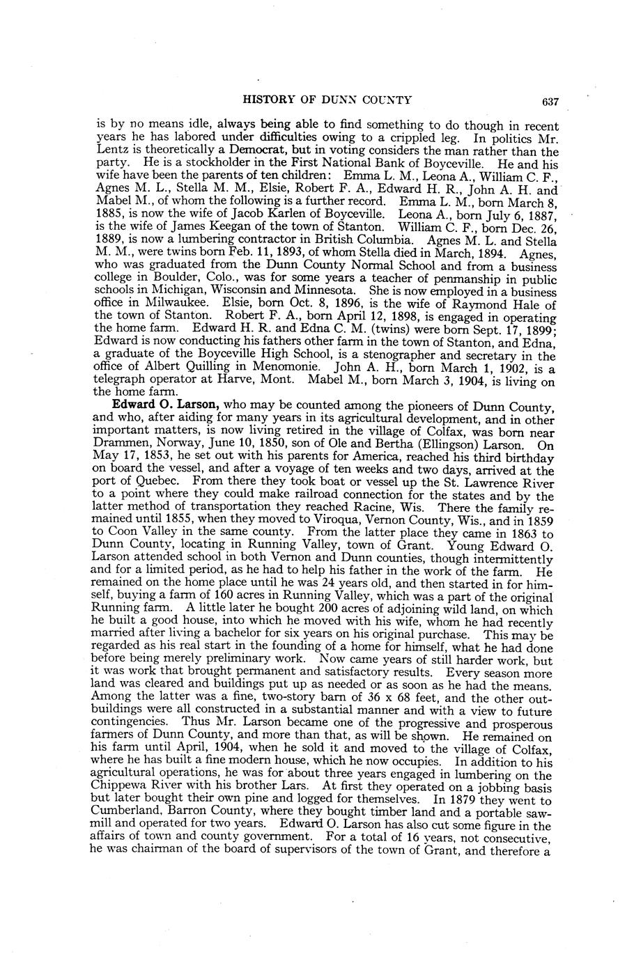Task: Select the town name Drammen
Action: pos(121,444)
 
